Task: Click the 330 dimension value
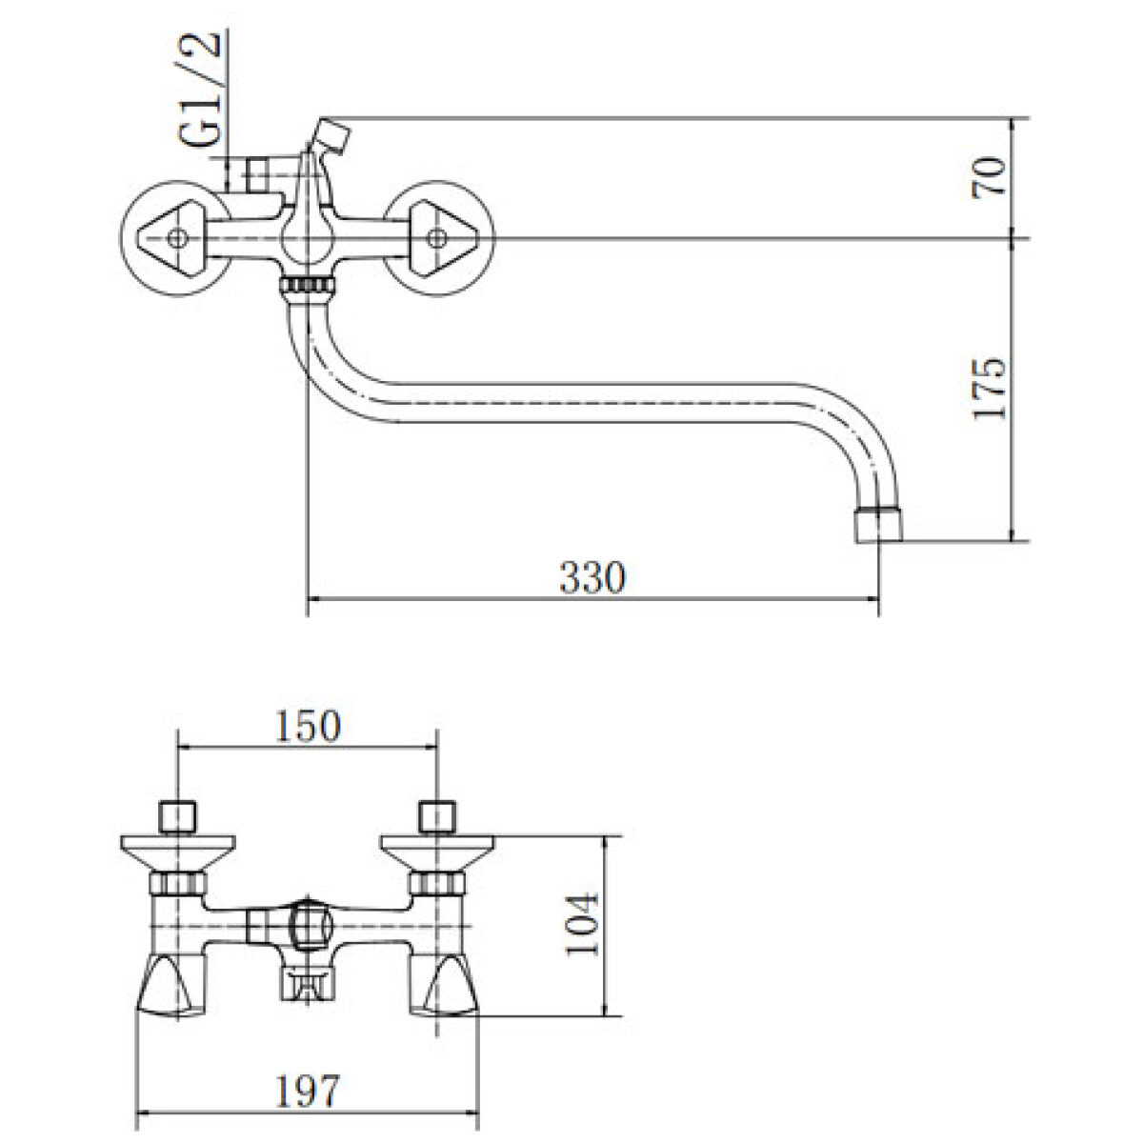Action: [x=592, y=576]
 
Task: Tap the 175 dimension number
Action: [x=990, y=389]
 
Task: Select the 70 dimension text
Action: [x=990, y=177]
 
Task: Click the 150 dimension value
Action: [x=308, y=726]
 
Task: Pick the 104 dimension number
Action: [x=582, y=932]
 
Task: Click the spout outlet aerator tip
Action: [x=878, y=524]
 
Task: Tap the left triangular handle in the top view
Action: [x=170, y=238]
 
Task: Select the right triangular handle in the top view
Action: [x=444, y=238]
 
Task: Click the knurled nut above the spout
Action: [x=307, y=287]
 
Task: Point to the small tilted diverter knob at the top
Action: [x=332, y=136]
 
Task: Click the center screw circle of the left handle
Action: [x=177, y=238]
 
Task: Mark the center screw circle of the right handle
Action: [x=437, y=238]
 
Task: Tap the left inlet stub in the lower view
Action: [x=178, y=818]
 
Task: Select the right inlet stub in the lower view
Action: [x=437, y=818]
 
